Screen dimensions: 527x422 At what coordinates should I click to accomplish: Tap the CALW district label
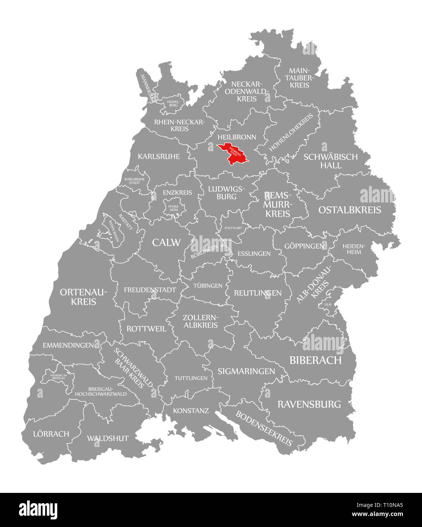[166, 243]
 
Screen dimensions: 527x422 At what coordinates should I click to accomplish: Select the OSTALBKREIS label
[350, 210]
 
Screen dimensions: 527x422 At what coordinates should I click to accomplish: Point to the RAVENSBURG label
[309, 404]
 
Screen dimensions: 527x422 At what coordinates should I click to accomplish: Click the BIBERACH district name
[315, 360]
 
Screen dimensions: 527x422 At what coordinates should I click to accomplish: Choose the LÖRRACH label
[51, 434]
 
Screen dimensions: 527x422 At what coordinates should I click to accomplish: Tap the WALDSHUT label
[108, 438]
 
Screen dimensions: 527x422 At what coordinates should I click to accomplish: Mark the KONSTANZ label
[191, 411]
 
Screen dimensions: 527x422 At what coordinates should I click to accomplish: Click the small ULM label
[328, 304]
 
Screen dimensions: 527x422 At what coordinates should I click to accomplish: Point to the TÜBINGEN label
[207, 285]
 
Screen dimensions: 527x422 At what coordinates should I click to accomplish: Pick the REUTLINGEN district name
[258, 293]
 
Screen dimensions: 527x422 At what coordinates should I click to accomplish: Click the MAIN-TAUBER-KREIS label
[300, 78]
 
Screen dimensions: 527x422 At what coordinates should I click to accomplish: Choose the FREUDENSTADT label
[150, 290]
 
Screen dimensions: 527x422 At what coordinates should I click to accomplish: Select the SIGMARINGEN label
[246, 371]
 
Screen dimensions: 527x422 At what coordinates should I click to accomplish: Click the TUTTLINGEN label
[191, 378]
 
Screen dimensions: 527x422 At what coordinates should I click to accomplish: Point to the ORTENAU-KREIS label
[83, 297]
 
